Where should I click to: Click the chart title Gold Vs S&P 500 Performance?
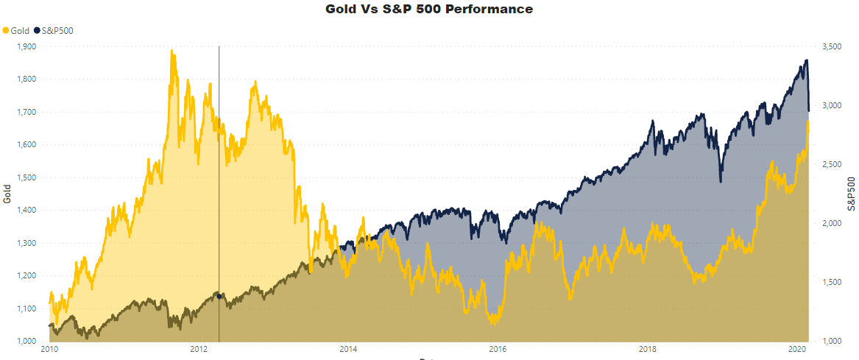click(429, 10)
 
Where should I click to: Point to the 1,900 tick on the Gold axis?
click(26, 46)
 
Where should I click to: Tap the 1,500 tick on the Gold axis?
click(26, 177)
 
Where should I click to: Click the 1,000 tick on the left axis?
click(26, 341)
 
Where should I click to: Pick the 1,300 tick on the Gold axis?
click(26, 243)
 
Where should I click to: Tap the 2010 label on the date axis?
click(49, 350)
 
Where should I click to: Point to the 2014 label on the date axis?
click(348, 350)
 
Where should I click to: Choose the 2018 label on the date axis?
click(648, 350)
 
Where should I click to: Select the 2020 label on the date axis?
click(797, 350)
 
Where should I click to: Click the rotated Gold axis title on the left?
click(7, 194)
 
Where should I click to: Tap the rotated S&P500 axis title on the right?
click(852, 194)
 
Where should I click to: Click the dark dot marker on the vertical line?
click(219, 296)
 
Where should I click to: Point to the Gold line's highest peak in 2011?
click(172, 51)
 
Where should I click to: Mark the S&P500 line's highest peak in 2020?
click(807, 60)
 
